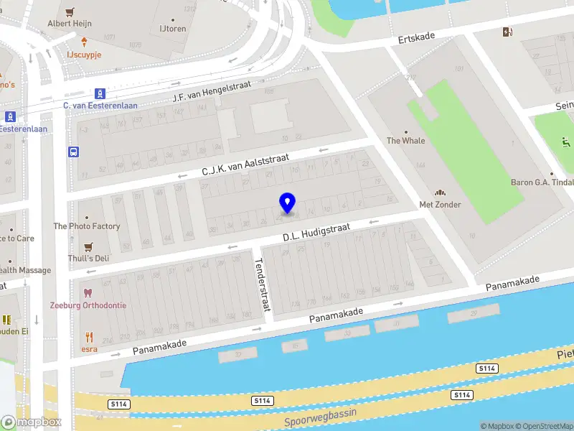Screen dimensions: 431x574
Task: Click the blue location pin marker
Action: pyautogui.click(x=288, y=203)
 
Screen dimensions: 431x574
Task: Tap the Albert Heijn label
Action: pyautogui.click(x=70, y=23)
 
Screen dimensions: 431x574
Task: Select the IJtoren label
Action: pyautogui.click(x=172, y=29)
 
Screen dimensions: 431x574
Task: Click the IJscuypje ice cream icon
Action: pyautogui.click(x=85, y=41)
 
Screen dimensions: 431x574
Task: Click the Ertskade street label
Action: pyautogui.click(x=418, y=37)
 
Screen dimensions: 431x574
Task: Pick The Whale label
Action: pyautogui.click(x=406, y=141)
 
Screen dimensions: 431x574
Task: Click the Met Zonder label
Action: pyautogui.click(x=440, y=205)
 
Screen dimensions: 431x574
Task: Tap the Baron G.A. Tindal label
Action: pyautogui.click(x=542, y=182)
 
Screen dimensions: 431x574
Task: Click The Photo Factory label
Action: pyautogui.click(x=87, y=226)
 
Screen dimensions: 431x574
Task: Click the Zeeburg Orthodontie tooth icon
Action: pyautogui.click(x=88, y=293)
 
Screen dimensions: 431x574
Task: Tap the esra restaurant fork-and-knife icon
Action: pyautogui.click(x=89, y=336)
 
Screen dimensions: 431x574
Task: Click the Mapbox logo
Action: pyautogui.click(x=32, y=422)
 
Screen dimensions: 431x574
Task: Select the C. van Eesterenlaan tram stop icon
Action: pyautogui.click(x=100, y=93)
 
